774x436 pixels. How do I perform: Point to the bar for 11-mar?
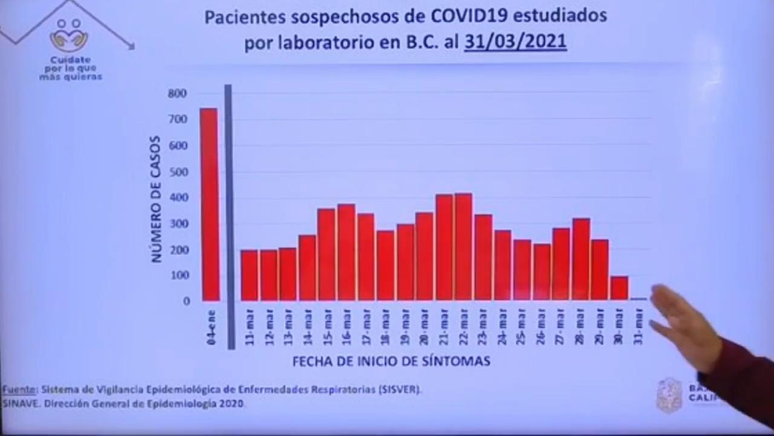249,276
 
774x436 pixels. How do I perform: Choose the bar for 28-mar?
580,260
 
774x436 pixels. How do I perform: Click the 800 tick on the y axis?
178,93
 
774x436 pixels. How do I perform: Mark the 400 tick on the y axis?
178,197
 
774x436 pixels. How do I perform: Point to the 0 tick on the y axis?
186,301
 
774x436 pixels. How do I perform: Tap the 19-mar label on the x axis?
405,327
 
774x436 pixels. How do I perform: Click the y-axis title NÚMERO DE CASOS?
156,199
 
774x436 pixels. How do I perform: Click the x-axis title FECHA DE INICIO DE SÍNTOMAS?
391,362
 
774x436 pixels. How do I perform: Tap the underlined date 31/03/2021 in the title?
515,42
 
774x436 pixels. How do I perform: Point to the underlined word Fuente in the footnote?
18,389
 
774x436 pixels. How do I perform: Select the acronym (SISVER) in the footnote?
401,389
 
